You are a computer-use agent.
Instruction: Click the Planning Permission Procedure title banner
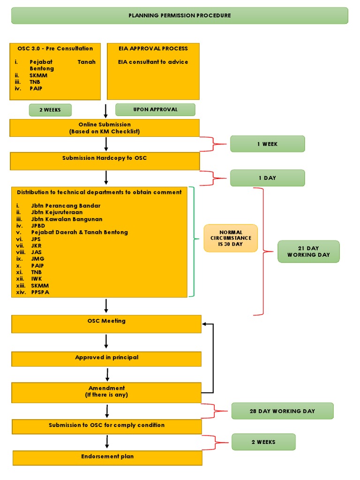click(x=180, y=15)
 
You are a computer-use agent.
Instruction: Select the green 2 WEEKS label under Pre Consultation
click(x=50, y=110)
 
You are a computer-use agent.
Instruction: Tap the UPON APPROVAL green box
click(x=155, y=110)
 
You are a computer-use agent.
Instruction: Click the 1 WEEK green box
click(x=267, y=144)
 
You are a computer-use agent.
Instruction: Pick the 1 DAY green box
click(x=267, y=178)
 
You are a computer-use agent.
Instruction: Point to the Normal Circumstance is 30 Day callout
click(x=231, y=238)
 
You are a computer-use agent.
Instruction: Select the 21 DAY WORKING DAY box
click(x=308, y=252)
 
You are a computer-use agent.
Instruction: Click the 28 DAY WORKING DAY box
click(x=282, y=411)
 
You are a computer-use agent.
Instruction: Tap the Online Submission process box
click(x=105, y=128)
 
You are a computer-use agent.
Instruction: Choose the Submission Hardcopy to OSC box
click(x=105, y=161)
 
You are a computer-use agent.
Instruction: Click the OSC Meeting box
click(x=106, y=324)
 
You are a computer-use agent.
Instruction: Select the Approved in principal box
click(x=106, y=359)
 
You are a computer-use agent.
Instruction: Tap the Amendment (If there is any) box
click(x=106, y=392)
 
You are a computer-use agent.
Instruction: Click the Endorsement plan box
click(x=107, y=457)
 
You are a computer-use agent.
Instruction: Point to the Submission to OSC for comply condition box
click(x=107, y=426)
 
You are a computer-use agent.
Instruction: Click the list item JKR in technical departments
click(x=37, y=246)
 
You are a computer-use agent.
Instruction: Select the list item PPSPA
click(x=40, y=292)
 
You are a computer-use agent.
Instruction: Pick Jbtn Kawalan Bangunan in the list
click(x=67, y=219)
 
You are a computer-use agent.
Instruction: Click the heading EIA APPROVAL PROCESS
click(x=153, y=48)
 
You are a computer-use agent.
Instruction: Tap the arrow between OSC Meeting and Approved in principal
click(x=106, y=341)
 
